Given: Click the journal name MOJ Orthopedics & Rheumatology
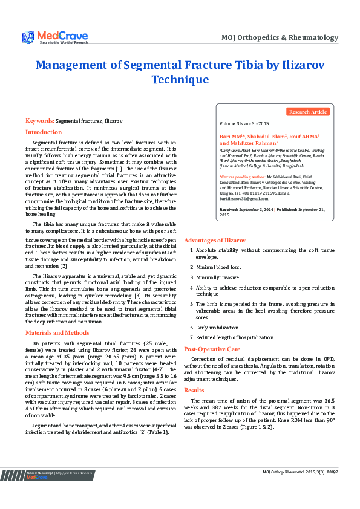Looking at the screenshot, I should (x=280, y=37).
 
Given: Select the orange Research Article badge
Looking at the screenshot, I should (x=308, y=112).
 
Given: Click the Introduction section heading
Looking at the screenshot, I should (x=43, y=132).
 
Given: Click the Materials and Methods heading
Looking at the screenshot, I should (x=57, y=332).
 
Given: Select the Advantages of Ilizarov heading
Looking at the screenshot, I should (x=215, y=240).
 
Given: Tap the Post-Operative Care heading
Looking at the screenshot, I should (x=212, y=349).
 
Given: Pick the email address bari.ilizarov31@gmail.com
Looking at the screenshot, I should (x=243, y=198).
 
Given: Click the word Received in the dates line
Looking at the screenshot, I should (x=229, y=209).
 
